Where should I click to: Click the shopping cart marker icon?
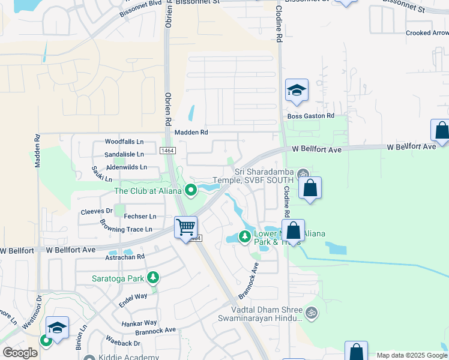click(x=186, y=227)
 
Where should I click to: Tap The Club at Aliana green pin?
click(x=191, y=191)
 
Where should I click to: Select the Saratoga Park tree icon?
click(x=154, y=278)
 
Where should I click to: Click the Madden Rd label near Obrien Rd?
click(x=191, y=132)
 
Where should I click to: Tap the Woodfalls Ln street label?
click(x=124, y=142)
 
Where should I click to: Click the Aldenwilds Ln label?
click(x=126, y=167)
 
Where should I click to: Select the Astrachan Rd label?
click(x=125, y=256)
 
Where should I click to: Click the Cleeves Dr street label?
click(x=97, y=211)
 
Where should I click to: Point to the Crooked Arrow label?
click(x=427, y=34)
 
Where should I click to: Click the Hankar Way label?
click(x=139, y=323)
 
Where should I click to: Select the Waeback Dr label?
click(x=123, y=343)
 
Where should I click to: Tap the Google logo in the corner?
click(x=20, y=353)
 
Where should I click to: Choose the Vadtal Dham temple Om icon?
click(x=311, y=312)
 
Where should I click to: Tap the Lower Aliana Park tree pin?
click(x=244, y=236)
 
